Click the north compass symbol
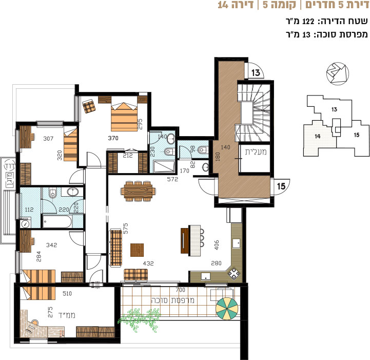(338, 73)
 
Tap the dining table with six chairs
(138, 191)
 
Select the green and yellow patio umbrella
(227, 308)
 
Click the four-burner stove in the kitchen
(234, 273)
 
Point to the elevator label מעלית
(256, 152)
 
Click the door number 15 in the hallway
(281, 186)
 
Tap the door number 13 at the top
(256, 73)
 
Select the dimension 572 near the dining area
(172, 179)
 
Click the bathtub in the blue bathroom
(57, 221)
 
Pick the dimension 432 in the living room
(148, 263)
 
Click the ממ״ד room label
(67, 315)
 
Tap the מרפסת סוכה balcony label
(172, 300)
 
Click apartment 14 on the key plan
(317, 136)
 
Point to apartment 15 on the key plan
(357, 135)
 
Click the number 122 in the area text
(308, 22)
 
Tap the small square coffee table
(137, 250)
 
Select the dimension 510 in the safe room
(67, 293)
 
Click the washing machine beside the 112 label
(25, 223)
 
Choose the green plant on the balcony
(139, 319)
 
